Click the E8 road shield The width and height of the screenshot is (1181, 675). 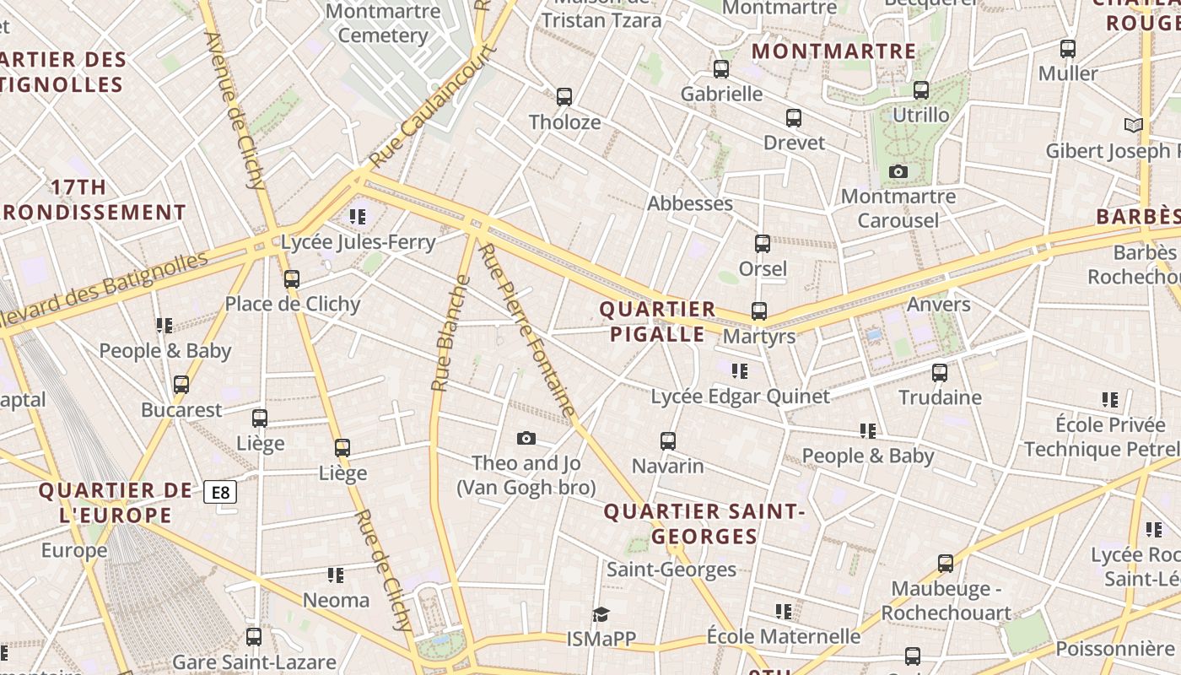coord(220,492)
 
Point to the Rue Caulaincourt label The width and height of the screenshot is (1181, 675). coord(433,107)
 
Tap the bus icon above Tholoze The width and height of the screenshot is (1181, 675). coord(564,97)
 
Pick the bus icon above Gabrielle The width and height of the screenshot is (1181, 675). coord(721,69)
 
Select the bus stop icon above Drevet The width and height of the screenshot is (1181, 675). coord(794,118)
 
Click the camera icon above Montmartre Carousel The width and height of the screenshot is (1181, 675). coord(898,172)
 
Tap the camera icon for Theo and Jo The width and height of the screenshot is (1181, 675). coord(526,438)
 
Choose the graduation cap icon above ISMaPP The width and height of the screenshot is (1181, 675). coord(601,613)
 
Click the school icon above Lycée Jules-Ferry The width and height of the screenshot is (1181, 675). coord(358,217)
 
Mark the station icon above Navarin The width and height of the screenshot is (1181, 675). coord(668,440)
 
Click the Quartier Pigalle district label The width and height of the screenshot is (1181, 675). coord(657,321)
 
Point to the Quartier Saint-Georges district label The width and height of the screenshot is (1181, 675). coord(704,524)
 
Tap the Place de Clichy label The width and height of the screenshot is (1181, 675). coord(292,304)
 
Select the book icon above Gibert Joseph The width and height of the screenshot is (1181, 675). coord(1134,126)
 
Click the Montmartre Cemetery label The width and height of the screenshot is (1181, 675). coord(383,24)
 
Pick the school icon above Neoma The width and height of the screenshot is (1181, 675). coord(336,575)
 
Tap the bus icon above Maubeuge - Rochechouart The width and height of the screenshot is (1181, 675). coord(946,563)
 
